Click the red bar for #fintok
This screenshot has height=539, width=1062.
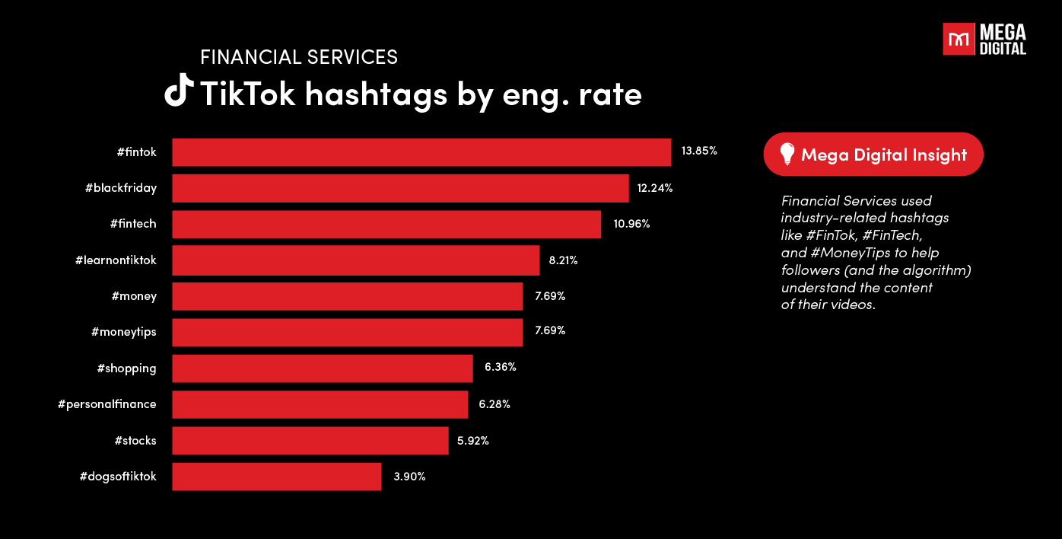tap(421, 152)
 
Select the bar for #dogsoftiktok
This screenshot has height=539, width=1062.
tap(276, 477)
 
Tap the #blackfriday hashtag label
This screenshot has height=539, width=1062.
tap(120, 188)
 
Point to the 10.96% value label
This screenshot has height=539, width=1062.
tap(631, 224)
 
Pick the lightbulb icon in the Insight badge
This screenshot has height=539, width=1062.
tap(787, 155)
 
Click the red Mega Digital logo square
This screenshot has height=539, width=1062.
tap(959, 39)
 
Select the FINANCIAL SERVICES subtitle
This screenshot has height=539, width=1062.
tap(298, 57)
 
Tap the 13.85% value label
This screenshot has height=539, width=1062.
tap(699, 151)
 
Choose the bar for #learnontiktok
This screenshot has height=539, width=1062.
tap(355, 260)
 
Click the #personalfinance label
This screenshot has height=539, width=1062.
tap(107, 404)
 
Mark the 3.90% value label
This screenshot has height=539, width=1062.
tap(409, 477)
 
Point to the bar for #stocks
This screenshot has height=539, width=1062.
tap(310, 441)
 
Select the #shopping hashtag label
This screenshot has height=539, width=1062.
tap(126, 368)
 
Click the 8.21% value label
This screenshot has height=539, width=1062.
tap(563, 260)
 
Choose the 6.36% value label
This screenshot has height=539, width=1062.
tap(500, 367)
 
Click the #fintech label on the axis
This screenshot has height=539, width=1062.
tap(132, 224)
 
